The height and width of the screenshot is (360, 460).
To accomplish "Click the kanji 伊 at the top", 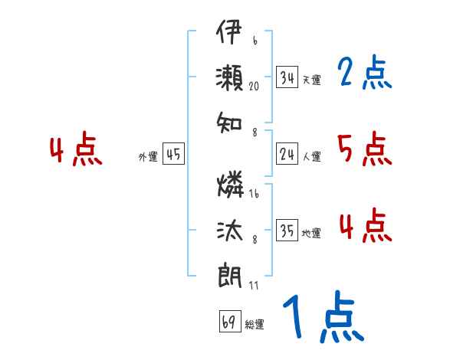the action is [x=230, y=35].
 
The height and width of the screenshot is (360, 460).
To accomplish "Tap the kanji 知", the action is [x=230, y=121].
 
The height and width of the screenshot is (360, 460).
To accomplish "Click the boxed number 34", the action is [x=287, y=77].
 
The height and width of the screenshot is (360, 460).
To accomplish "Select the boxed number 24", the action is [x=287, y=154].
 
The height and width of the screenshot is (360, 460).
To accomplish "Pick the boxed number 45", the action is [x=173, y=155].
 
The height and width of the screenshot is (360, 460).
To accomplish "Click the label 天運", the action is [x=311, y=80].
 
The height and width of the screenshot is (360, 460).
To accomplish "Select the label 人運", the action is [x=311, y=156].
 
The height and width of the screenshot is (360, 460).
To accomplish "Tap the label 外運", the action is [x=148, y=157].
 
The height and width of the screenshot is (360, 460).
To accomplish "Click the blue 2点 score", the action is [x=365, y=74].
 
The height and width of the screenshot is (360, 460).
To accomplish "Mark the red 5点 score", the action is [x=365, y=149].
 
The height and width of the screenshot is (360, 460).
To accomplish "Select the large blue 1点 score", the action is [x=322, y=318].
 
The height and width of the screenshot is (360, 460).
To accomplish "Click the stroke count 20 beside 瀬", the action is [x=254, y=87].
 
